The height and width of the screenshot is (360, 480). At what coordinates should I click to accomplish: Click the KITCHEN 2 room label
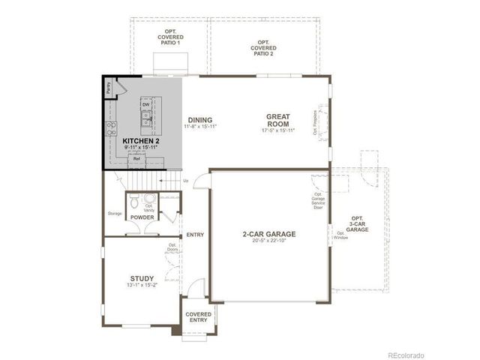(x=140, y=141)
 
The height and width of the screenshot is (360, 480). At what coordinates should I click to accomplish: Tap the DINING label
(x=200, y=120)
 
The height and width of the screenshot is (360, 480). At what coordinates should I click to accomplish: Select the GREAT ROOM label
(x=277, y=120)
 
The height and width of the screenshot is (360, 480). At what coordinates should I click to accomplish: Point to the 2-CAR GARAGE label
(x=268, y=234)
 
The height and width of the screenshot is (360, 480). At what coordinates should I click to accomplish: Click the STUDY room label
(x=141, y=278)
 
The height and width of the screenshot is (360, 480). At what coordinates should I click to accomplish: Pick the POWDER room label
(x=142, y=217)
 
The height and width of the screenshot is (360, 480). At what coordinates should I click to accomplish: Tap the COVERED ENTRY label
(x=199, y=317)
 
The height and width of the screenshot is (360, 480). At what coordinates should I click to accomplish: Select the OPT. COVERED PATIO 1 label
(x=170, y=37)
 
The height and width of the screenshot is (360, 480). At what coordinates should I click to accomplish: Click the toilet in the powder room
(x=133, y=202)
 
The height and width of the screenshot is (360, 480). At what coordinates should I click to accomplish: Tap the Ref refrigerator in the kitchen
(x=136, y=159)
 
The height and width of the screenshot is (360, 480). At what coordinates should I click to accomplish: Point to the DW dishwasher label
(x=145, y=104)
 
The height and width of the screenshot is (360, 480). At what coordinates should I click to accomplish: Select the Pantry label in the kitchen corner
(x=109, y=86)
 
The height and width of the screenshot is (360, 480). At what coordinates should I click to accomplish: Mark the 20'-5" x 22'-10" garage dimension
(x=268, y=241)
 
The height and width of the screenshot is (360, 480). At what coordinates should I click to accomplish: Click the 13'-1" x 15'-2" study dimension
(x=141, y=285)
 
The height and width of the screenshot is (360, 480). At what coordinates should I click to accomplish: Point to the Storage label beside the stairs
(x=114, y=213)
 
